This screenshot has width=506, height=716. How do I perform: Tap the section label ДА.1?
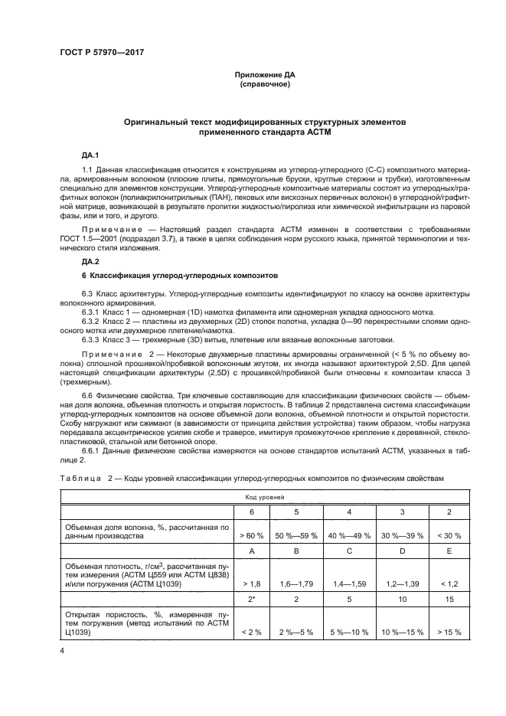[91, 154]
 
